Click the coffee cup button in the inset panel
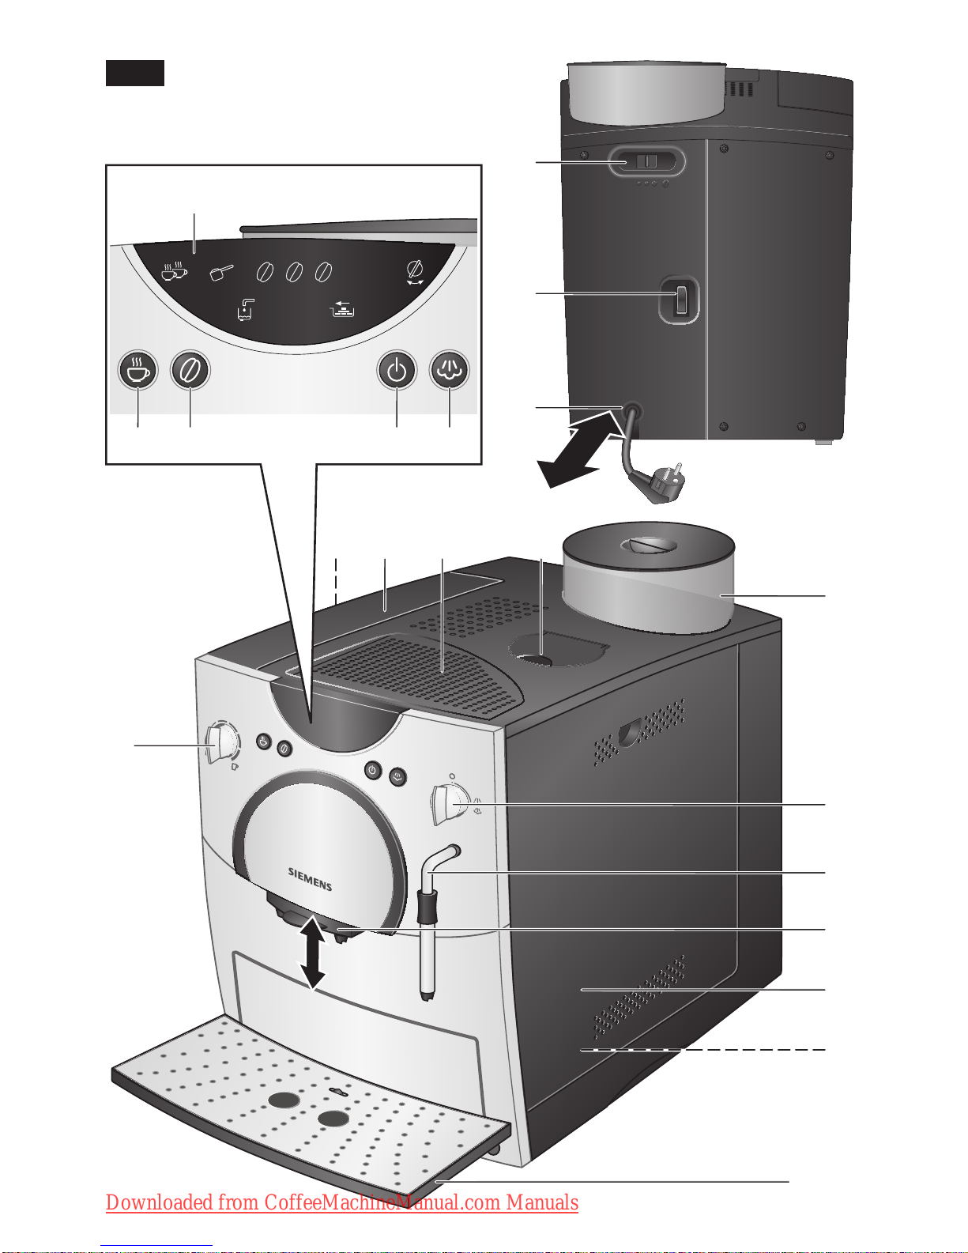[x=137, y=370]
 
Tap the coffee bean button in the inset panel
[x=190, y=370]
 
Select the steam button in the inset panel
[x=450, y=370]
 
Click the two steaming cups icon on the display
[x=174, y=271]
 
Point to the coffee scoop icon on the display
[x=221, y=273]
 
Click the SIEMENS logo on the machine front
[x=310, y=878]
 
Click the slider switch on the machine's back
[x=646, y=161]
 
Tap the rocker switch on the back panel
[x=680, y=300]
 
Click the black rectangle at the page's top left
[x=135, y=73]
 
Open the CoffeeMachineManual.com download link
[x=342, y=1202]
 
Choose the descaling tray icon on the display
[x=342, y=308]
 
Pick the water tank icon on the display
[x=245, y=309]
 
